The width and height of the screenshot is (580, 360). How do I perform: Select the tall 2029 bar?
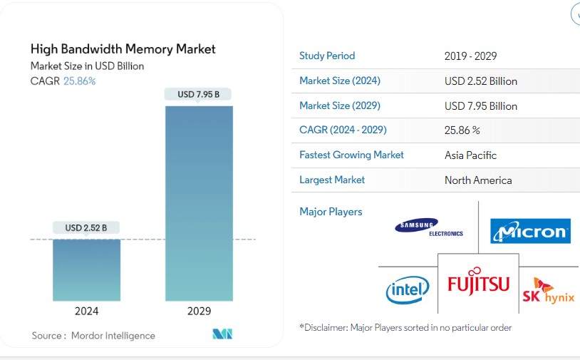point(199,203)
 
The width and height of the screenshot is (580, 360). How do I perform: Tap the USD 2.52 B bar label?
point(86,228)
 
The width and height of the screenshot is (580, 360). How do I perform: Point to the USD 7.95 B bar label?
point(199,94)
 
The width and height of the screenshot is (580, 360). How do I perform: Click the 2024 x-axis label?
point(86,312)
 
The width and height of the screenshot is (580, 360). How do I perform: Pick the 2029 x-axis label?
point(199,312)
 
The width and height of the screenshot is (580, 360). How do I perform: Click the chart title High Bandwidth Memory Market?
point(123,49)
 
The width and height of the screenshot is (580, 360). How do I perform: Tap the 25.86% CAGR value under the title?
point(81,81)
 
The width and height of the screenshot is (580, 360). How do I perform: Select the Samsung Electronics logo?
point(428,227)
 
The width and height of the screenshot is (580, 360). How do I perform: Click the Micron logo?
point(530,231)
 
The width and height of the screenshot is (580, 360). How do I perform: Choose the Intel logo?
point(408,289)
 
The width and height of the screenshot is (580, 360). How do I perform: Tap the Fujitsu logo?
point(478,284)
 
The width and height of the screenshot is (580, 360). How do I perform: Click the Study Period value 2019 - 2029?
point(470,56)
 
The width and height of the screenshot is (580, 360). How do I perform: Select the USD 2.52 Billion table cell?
point(481,81)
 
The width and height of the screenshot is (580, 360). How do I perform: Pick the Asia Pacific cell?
point(470,155)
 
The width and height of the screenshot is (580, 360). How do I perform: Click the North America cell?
point(478,180)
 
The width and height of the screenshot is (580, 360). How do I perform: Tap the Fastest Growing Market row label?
point(351,155)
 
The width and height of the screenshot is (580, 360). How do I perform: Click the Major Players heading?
point(331,212)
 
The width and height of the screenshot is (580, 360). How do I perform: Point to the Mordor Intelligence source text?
point(112,335)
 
